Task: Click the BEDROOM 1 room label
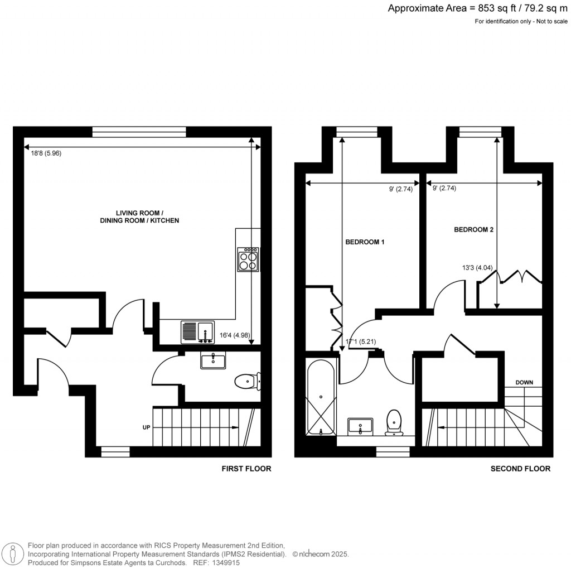coord(365,242)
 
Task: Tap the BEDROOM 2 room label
coord(473,229)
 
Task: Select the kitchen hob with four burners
coord(248,259)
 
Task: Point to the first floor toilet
coord(246,382)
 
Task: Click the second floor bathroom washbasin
coord(361,426)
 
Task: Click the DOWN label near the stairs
coord(524,382)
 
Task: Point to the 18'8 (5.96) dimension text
coord(46,153)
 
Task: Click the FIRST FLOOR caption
coord(246,469)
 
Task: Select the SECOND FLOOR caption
coord(520,469)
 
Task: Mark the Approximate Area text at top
coord(478,8)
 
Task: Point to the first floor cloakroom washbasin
coord(213,361)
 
